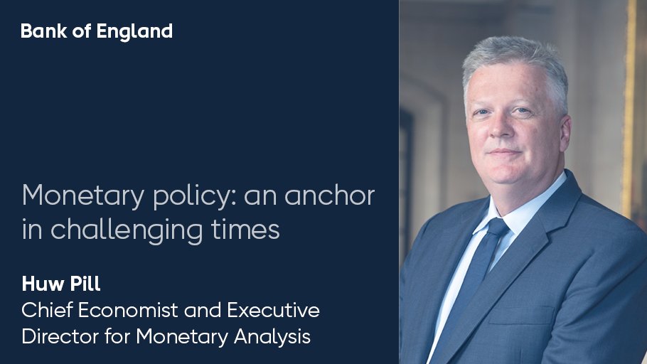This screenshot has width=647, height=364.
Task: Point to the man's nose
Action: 506,131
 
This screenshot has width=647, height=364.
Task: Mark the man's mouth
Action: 507,153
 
